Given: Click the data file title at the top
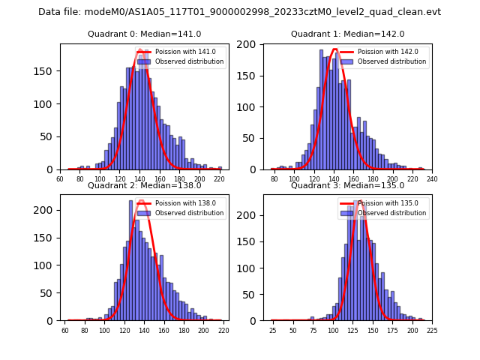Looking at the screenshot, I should [240, 12].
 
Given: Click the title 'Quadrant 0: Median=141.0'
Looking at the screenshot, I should [145, 34].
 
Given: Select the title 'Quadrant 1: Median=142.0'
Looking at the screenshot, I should [348, 34].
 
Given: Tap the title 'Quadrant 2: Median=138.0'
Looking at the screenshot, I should [145, 185].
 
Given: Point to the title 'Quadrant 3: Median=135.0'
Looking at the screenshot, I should [348, 185].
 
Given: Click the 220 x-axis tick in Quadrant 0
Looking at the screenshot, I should [219, 180].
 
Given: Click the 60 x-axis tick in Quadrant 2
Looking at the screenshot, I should [64, 331].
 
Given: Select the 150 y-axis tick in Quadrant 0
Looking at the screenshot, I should [49, 71].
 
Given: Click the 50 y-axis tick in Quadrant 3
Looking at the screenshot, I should [255, 294].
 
